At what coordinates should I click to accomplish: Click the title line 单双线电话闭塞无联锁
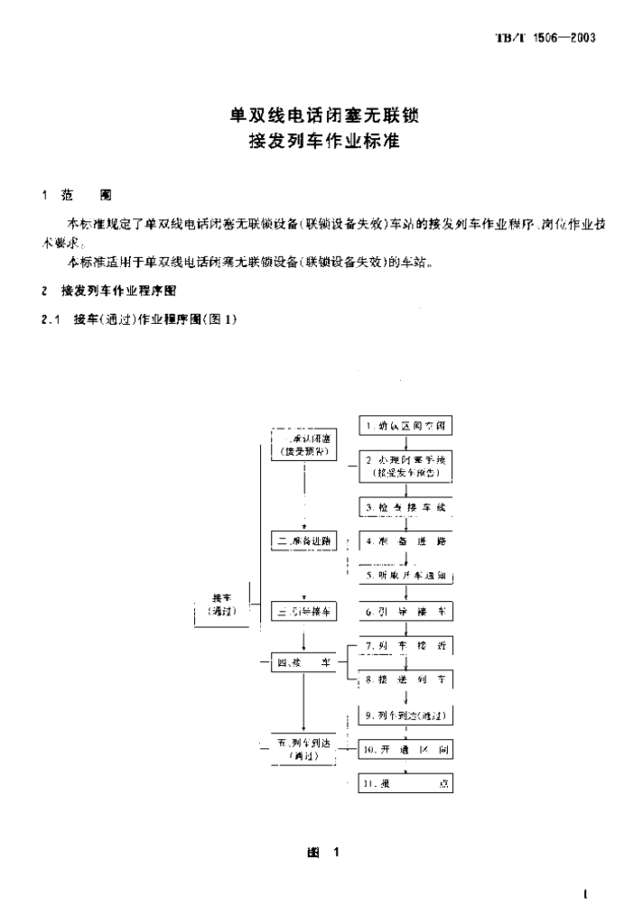321,116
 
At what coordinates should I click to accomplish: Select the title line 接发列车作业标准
321,143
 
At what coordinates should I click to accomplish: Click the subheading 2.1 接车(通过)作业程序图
139,319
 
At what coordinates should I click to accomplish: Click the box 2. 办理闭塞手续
405,466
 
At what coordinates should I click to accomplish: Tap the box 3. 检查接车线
405,507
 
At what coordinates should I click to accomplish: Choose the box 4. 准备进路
405,541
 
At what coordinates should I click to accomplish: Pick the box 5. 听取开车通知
405,575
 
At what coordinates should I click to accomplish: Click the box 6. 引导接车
405,612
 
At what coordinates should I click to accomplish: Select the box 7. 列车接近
405,646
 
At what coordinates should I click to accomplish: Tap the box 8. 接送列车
405,679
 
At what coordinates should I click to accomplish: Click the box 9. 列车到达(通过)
405,716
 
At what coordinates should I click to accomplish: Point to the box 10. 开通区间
405,750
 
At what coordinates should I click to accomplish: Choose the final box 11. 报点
405,783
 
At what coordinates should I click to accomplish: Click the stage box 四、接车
303,663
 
